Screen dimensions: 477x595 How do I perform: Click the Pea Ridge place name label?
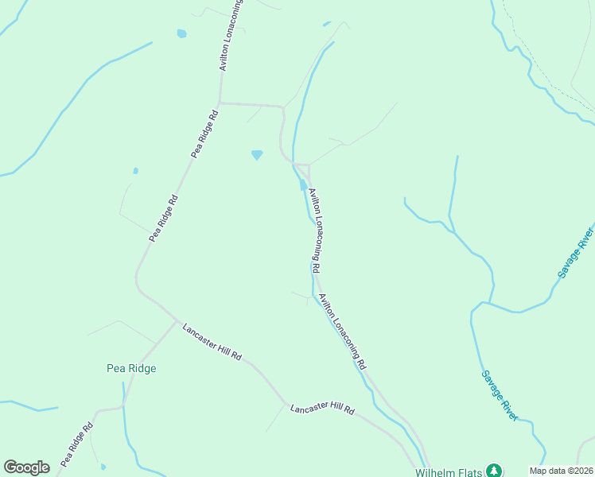[x=131, y=368]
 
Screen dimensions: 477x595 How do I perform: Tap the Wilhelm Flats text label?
[x=449, y=471]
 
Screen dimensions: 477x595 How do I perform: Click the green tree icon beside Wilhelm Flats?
[x=494, y=471]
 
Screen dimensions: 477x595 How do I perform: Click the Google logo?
[x=26, y=467]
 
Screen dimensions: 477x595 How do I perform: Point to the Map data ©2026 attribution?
[x=561, y=471]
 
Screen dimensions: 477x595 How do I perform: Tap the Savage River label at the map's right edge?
[x=576, y=253]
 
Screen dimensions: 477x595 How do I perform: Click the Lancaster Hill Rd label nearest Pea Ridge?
[x=212, y=343]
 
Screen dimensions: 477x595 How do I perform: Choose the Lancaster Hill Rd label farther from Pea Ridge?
[x=322, y=409]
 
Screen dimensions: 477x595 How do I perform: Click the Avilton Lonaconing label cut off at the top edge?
[x=230, y=36]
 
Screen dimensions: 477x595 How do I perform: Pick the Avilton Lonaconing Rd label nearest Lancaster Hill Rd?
[x=342, y=332]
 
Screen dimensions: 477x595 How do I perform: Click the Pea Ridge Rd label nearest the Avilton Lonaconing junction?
[x=204, y=134]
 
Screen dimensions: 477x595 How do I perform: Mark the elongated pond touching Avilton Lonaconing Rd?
[x=303, y=186]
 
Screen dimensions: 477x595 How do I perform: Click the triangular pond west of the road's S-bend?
[x=256, y=155]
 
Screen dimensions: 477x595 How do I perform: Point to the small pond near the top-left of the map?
[x=181, y=34]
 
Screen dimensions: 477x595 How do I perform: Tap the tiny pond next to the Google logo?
[x=103, y=467]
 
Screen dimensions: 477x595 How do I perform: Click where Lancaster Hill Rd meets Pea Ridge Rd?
[x=177, y=322]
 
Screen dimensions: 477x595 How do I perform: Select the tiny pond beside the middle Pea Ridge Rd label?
[x=136, y=170]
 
